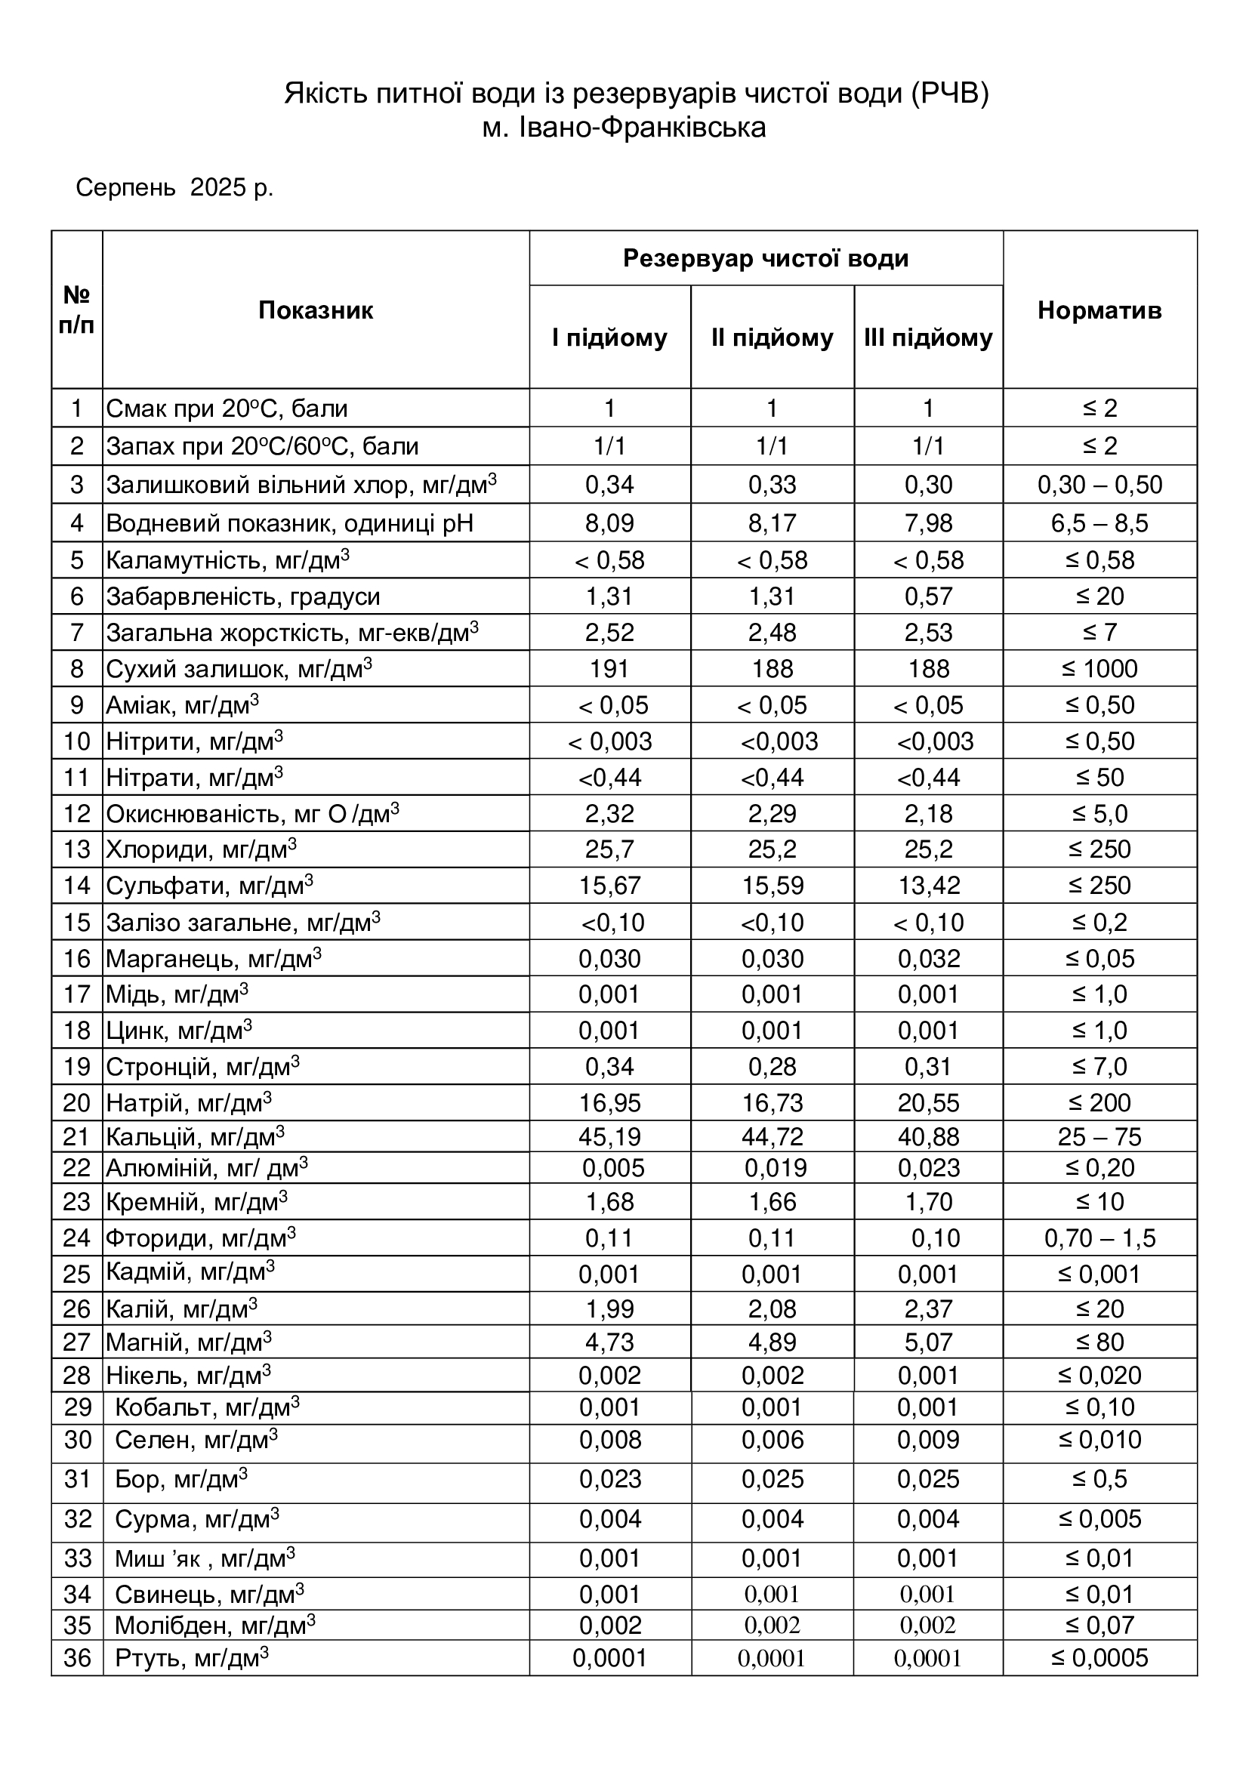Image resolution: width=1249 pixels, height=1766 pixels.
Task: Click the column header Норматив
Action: click(x=1099, y=311)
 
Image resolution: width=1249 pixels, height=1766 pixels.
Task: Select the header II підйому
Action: click(x=773, y=337)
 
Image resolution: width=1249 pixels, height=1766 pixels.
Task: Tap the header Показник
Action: click(x=316, y=311)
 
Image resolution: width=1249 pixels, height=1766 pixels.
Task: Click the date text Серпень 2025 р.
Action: click(x=174, y=188)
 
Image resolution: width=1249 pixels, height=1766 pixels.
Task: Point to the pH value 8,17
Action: click(x=773, y=524)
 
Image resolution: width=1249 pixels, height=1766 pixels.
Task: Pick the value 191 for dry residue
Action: click(x=609, y=669)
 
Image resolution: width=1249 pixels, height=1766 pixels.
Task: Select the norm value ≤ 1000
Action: click(x=1099, y=669)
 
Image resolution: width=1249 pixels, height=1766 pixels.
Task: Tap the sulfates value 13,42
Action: click(x=928, y=886)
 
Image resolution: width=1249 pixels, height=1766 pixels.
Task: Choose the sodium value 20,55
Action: click(x=928, y=1104)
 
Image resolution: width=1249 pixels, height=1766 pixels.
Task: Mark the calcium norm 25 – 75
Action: click(x=1099, y=1137)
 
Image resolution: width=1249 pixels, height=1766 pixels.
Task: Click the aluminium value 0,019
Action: click(x=776, y=1168)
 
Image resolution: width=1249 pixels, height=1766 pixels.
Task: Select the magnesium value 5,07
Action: click(x=928, y=1342)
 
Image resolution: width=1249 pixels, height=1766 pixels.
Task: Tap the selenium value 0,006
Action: click(x=773, y=1440)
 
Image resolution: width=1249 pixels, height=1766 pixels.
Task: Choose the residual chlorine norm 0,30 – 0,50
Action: click(x=1099, y=485)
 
